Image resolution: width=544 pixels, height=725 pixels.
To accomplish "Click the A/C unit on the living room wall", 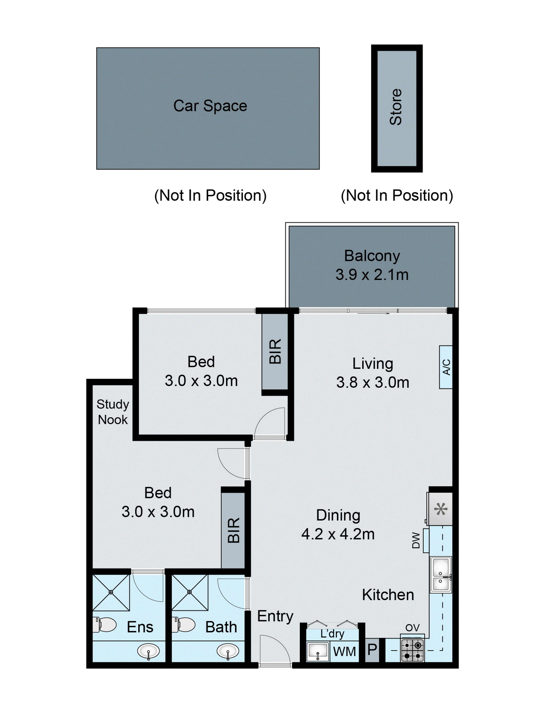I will click(x=446, y=367).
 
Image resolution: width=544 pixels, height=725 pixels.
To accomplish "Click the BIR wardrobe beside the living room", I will click(x=275, y=351).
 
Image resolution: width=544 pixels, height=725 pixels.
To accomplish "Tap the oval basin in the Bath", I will click(x=228, y=651).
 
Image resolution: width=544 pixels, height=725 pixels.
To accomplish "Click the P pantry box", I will click(x=372, y=650).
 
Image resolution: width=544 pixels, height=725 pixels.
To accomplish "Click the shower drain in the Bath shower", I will click(x=189, y=592).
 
